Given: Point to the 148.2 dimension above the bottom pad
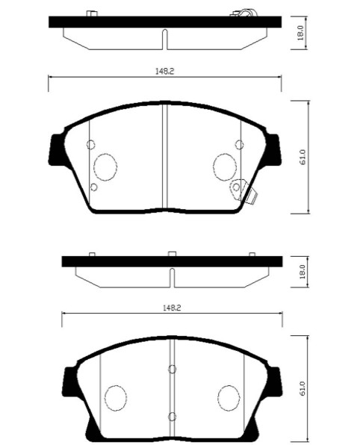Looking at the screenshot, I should tap(172, 308).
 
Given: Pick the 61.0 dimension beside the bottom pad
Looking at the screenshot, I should tap(302, 390).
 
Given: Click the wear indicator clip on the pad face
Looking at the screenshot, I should tap(243, 190).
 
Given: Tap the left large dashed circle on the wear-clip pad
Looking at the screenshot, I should tap(106, 165).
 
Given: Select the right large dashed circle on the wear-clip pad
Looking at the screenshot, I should tap(225, 165).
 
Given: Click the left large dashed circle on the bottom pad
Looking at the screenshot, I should tap(117, 396).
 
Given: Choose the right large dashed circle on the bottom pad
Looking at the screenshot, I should tap(229, 396).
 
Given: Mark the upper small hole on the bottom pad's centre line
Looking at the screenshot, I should tap(172, 369).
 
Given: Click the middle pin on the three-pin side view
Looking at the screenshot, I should tap(172, 255).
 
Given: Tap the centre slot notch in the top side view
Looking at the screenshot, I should tap(163, 37).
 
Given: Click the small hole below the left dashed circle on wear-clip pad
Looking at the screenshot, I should tap(93, 187).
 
